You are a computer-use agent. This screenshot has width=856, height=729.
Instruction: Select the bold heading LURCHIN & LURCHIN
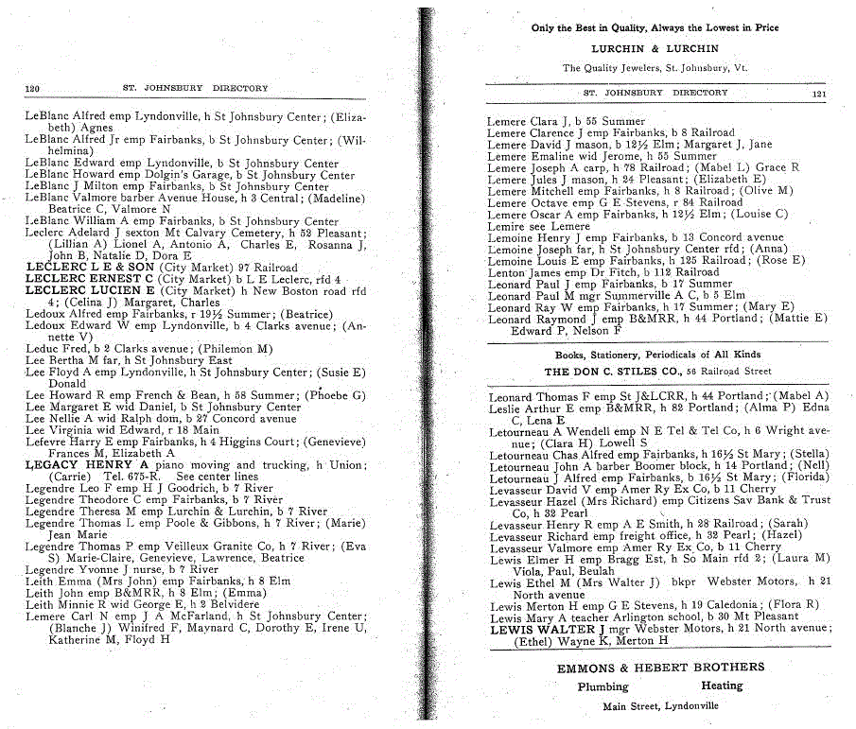click(655, 48)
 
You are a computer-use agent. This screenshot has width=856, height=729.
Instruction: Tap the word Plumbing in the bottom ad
click(603, 687)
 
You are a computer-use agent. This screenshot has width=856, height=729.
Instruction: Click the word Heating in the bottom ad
click(722, 686)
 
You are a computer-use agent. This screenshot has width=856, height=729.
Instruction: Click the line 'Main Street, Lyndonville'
click(660, 706)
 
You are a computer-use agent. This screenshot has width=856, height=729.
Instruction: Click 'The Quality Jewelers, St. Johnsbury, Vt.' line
click(655, 68)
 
